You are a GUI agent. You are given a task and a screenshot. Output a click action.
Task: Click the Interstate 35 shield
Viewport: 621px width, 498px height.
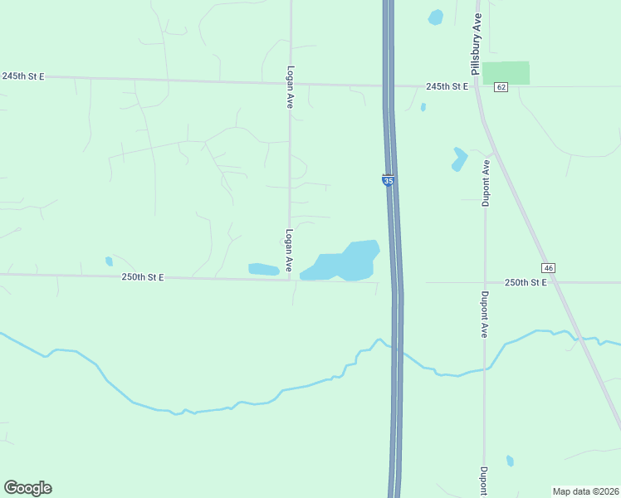388,179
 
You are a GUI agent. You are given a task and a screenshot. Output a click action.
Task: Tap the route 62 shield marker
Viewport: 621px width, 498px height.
500,87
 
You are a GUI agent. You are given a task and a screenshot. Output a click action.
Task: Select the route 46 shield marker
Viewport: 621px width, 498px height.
548,267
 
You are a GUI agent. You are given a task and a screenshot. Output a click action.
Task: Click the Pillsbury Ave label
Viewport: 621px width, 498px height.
477,44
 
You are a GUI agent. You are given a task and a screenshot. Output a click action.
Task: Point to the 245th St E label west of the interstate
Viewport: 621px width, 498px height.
22,76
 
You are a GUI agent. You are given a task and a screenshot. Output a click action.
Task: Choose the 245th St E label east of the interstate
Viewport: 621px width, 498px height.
447,86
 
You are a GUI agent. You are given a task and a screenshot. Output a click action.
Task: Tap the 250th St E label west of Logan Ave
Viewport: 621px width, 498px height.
143,277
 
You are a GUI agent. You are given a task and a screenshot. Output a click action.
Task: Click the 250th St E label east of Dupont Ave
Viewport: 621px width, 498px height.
526,283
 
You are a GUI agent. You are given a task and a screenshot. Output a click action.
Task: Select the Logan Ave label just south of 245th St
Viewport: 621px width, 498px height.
290,87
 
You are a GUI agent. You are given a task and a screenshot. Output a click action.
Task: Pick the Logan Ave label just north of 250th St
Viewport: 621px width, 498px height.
289,251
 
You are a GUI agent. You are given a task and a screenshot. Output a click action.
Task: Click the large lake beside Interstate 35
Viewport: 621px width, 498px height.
345,262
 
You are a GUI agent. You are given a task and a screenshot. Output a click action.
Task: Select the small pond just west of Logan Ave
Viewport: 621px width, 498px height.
263,269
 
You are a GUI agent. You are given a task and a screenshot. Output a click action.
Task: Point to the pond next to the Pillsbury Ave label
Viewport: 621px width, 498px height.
436,17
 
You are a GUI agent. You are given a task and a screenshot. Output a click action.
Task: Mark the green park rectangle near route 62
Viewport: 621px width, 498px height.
506,72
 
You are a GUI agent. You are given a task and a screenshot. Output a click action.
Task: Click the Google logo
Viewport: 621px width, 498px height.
27,488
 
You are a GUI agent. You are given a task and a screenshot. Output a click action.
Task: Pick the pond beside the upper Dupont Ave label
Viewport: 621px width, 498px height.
459,159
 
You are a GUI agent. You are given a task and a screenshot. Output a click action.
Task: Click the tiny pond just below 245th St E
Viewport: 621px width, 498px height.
423,107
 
